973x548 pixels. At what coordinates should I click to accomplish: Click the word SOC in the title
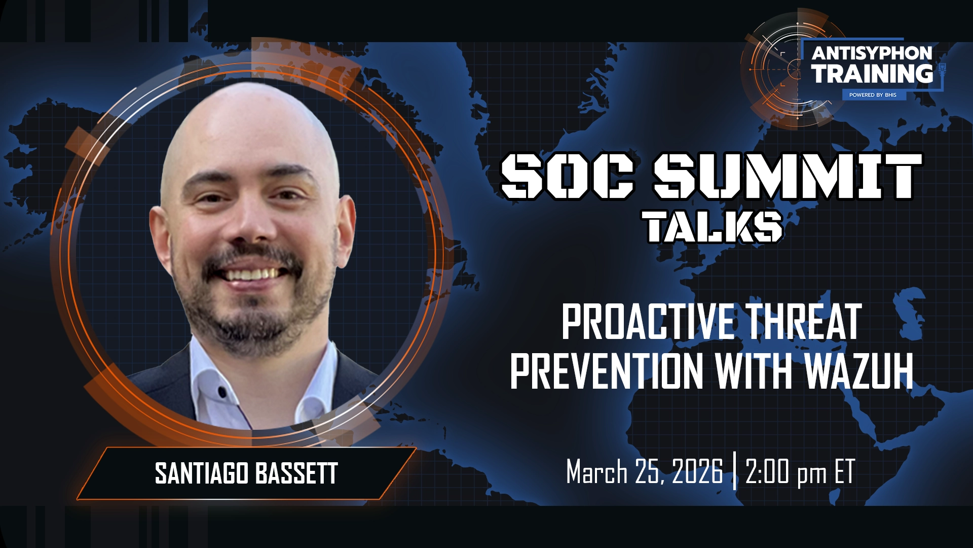point(568,176)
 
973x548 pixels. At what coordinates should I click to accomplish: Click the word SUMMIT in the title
point(787,176)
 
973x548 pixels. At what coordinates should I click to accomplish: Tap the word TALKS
point(713,227)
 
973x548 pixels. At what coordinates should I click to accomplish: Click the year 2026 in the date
point(697,472)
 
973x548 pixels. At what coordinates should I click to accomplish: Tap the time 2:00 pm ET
point(800,472)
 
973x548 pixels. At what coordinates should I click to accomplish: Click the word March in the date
point(596,472)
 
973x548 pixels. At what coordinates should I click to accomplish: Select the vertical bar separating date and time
point(734,472)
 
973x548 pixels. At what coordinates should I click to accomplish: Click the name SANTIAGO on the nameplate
point(201,473)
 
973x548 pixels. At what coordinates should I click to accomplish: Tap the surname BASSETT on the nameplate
point(296,473)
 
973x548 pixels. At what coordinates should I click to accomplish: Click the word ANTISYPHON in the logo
point(872,53)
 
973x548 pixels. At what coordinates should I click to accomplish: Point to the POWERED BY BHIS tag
point(873,95)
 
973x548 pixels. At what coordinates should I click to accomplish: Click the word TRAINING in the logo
point(872,74)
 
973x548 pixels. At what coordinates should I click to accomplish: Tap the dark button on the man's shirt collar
point(221,392)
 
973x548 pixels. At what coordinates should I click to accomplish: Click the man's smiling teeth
point(251,275)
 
